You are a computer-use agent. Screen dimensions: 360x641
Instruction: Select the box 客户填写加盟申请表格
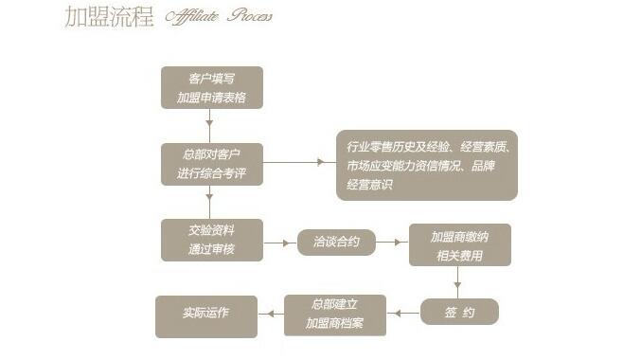pos(212,87)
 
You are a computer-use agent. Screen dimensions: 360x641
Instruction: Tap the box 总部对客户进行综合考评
pos(212,163)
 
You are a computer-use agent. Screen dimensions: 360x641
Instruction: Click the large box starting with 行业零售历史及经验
pos(427,165)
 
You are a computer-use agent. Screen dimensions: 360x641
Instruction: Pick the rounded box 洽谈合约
pos(336,243)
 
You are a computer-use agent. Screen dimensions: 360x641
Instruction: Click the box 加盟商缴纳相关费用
pos(459,243)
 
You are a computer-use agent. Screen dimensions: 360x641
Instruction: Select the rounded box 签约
pos(459,312)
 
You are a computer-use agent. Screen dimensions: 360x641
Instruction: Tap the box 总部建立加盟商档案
pos(335,315)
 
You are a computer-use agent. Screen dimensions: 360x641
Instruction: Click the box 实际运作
pos(206,315)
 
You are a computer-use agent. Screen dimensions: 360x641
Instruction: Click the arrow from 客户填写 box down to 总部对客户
pos(210,125)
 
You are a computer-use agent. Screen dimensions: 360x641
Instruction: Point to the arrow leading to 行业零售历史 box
pos(297,162)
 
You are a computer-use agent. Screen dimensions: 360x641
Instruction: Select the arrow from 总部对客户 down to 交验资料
pos(210,202)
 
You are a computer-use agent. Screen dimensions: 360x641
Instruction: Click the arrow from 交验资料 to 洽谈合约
pos(279,243)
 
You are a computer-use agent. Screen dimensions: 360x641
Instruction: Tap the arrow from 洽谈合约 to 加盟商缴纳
pos(391,243)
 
